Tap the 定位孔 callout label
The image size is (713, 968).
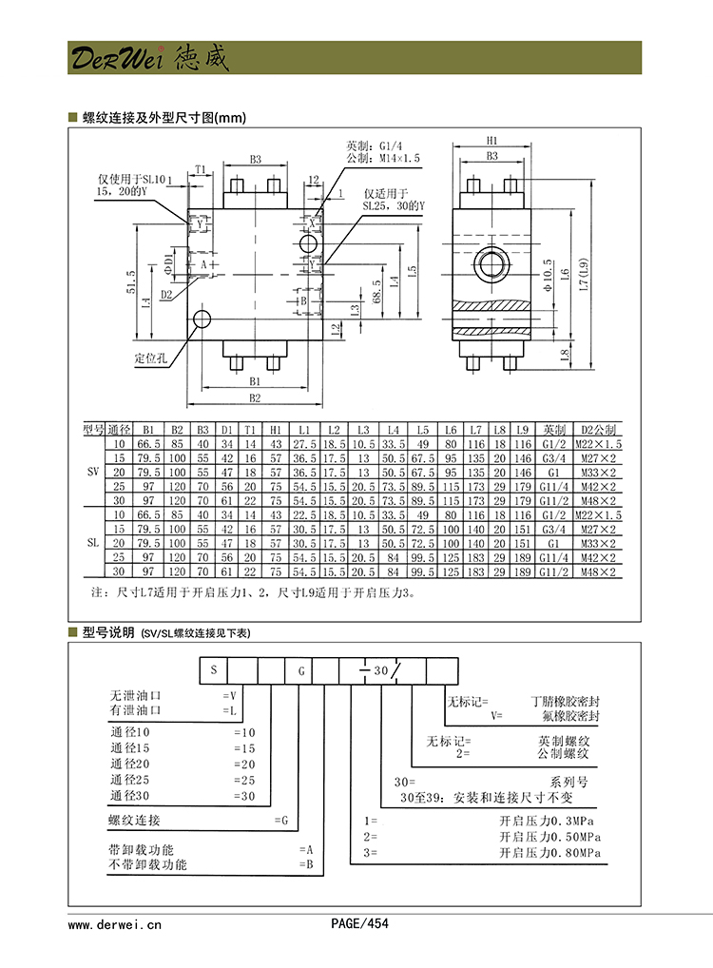coord(150,358)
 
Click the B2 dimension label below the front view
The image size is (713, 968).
coord(255,397)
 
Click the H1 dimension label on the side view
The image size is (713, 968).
coord(492,138)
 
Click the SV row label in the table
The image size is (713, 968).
coord(92,470)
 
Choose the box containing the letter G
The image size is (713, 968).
coord(299,669)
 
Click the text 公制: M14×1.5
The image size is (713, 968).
coord(383,158)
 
